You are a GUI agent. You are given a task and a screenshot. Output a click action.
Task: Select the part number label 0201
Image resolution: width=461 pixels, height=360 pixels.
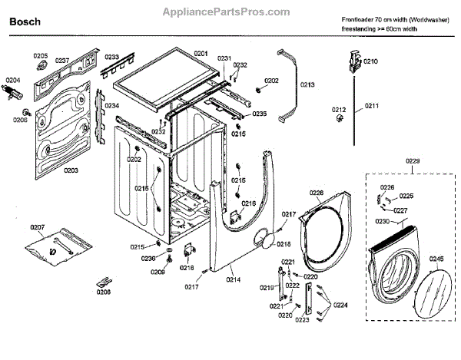201,53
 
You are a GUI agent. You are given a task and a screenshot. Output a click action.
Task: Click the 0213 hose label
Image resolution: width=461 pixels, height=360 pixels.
307,84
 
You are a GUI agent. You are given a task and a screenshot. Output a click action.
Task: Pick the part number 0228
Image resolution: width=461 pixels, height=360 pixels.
317,192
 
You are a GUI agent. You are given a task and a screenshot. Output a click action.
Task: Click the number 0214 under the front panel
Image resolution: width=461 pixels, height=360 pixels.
234,281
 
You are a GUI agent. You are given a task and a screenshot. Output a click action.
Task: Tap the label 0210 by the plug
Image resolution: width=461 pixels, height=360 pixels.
371,61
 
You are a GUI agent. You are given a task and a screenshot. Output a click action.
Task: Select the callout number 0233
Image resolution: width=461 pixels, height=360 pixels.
111,58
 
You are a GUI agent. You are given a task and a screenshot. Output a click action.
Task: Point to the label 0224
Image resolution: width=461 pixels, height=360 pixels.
340,306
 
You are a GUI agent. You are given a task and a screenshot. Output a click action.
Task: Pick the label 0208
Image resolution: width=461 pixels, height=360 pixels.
104,292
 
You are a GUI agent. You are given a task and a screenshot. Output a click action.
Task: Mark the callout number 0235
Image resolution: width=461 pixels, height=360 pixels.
259,114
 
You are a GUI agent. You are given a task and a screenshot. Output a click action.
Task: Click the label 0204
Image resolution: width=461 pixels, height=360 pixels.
14,80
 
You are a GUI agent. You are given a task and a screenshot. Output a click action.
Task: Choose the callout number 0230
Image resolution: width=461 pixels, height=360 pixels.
382,221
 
